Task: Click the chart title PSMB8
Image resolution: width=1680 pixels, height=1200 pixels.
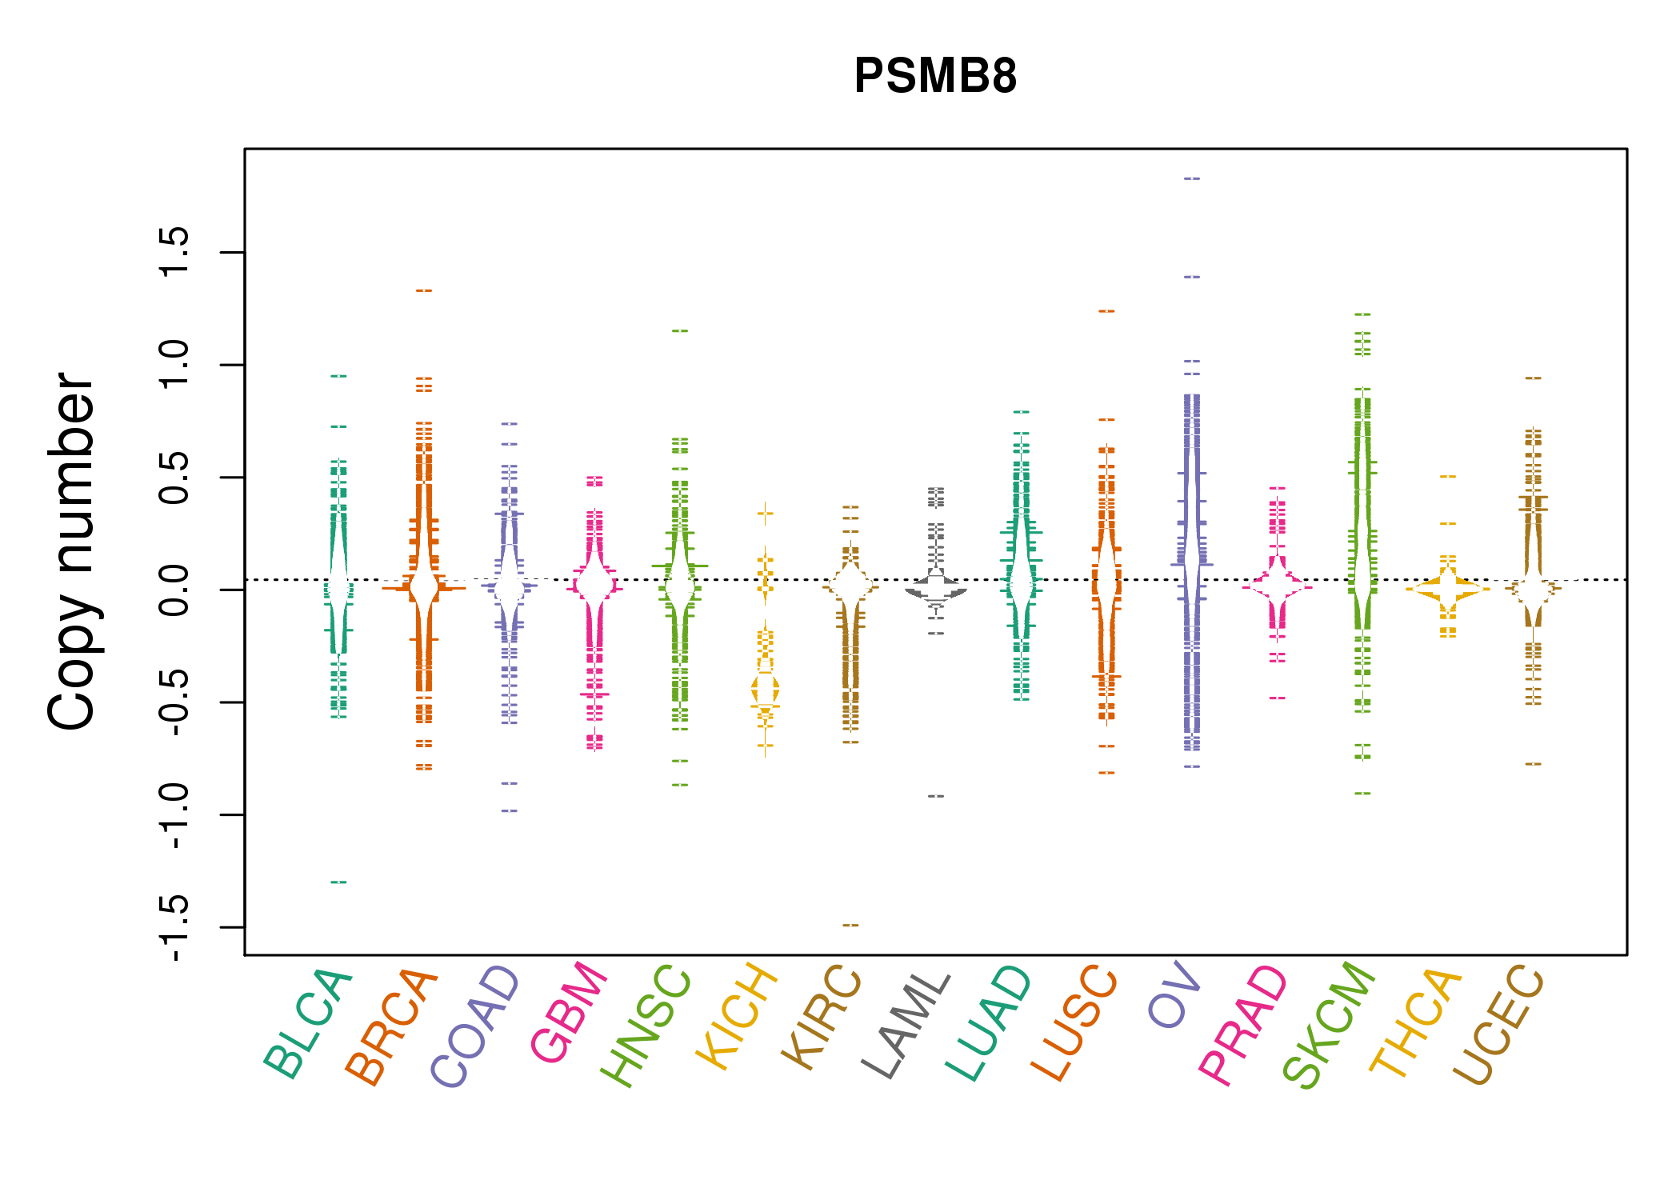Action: pyautogui.click(x=935, y=76)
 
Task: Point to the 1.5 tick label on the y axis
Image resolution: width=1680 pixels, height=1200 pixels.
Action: pyautogui.click(x=174, y=252)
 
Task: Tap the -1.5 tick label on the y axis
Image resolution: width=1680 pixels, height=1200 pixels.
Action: pyautogui.click(x=174, y=927)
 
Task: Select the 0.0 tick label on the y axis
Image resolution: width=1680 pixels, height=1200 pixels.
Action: pyautogui.click(x=174, y=590)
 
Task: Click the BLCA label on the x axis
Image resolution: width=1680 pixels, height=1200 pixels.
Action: pyautogui.click(x=308, y=1024)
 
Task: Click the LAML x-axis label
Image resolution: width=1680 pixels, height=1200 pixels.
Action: pyautogui.click(x=906, y=1025)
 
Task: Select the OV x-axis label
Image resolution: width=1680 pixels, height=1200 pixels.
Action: pyautogui.click(x=1174, y=995)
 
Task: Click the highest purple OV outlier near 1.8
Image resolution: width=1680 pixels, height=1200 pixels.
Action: pyautogui.click(x=1192, y=178)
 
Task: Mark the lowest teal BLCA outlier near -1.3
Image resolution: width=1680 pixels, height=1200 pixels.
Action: pyautogui.click(x=339, y=882)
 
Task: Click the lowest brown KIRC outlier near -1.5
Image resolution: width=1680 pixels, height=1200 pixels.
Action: pyautogui.click(x=850, y=926)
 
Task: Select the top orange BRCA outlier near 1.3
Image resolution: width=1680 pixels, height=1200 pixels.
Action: pyautogui.click(x=424, y=291)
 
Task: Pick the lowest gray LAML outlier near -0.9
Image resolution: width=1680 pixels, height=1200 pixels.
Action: pyautogui.click(x=936, y=797)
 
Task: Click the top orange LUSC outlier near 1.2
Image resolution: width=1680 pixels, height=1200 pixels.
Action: pyautogui.click(x=1106, y=311)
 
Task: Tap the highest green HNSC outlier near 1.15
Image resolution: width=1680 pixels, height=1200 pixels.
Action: pyautogui.click(x=680, y=330)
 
